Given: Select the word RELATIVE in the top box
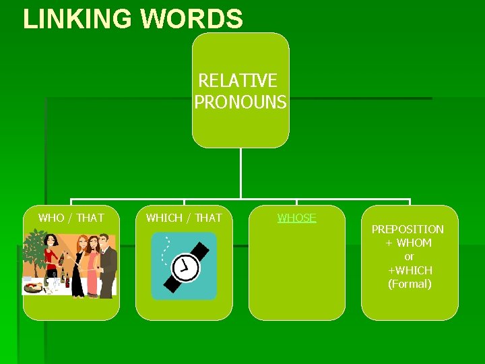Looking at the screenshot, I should (x=238, y=81).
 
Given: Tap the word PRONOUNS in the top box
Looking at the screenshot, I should (x=240, y=102).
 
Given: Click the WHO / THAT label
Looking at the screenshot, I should (x=71, y=218).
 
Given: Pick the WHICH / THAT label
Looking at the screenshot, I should (x=184, y=218).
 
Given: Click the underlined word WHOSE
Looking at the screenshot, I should (x=297, y=218).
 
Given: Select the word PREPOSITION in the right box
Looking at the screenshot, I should (x=408, y=229).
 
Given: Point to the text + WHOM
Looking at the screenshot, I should (x=409, y=243).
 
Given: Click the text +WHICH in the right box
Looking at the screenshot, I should (x=410, y=270).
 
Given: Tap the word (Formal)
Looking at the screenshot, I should (x=410, y=284).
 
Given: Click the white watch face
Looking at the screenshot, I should (x=185, y=267).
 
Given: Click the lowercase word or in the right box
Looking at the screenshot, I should (x=409, y=257).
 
